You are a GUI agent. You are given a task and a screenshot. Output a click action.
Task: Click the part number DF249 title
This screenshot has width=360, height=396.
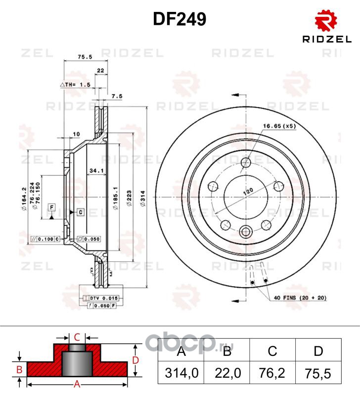180,19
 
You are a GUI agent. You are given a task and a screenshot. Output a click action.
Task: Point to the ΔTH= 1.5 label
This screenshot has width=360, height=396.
75,85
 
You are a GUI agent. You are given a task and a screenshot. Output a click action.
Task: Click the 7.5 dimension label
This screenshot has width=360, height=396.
117,96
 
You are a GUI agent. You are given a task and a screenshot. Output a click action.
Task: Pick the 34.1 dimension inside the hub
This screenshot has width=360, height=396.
96,171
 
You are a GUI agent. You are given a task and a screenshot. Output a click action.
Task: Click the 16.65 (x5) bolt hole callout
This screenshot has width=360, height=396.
280,126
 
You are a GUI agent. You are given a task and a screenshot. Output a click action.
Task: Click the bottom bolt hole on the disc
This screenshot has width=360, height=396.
246,231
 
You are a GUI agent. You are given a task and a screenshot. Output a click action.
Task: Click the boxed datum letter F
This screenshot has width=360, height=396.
51,206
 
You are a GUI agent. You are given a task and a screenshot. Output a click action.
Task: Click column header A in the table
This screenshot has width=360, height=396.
180,351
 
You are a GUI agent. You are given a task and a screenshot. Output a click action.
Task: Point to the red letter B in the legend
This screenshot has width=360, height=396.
19,369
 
